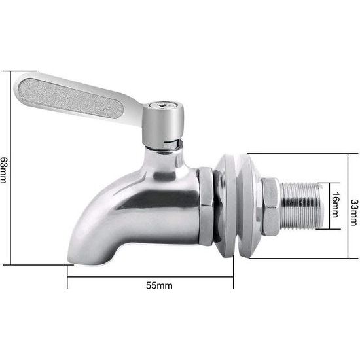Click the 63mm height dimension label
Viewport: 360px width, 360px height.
pos(5,169)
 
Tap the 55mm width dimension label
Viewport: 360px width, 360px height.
pos(160,285)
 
